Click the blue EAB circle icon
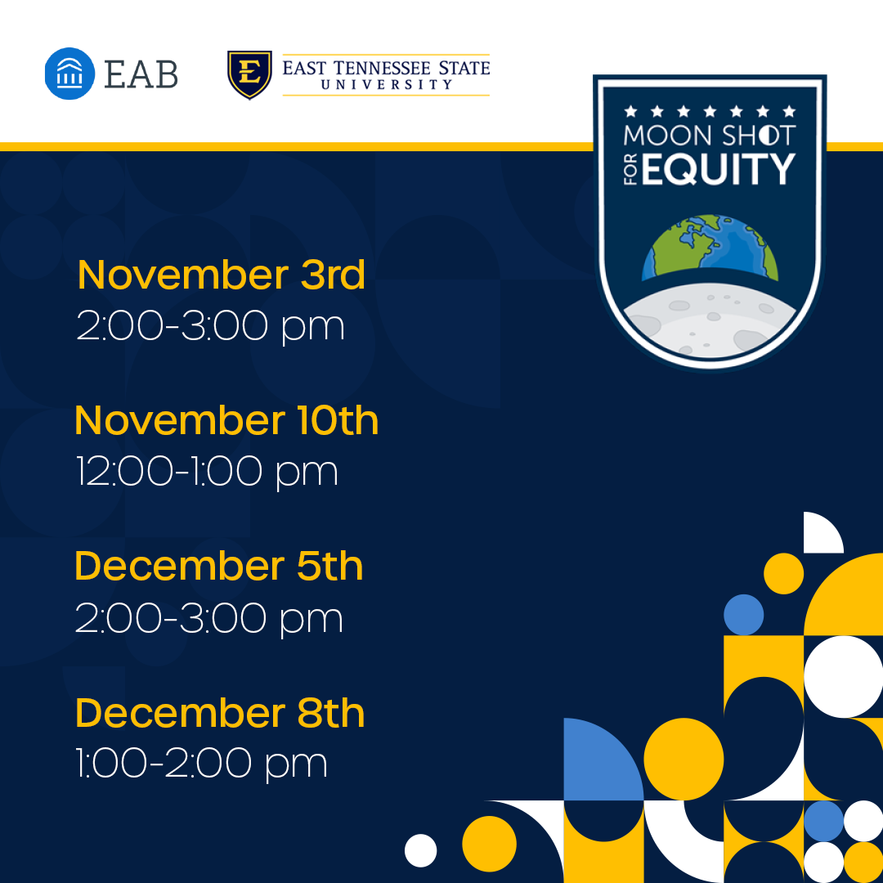69,74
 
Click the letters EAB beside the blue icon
141,74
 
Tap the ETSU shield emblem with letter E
249,74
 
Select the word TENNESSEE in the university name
382,68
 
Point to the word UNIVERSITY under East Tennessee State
386,84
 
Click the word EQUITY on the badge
718,169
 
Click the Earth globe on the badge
710,247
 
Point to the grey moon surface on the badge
710,320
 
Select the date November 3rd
222,275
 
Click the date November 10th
226,421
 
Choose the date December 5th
219,566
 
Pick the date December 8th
220,713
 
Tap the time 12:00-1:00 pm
207,472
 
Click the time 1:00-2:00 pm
202,764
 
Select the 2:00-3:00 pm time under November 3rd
211,325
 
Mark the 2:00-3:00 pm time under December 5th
209,618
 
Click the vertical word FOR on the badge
631,169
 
